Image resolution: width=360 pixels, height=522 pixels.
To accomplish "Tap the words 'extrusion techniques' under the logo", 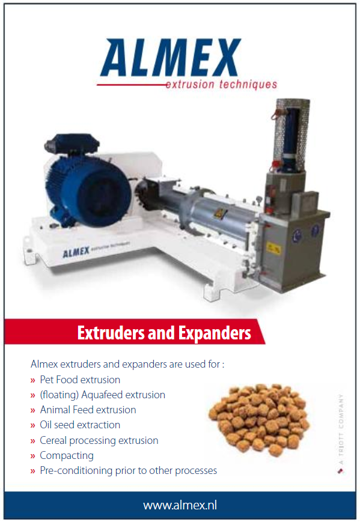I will pos(221,85).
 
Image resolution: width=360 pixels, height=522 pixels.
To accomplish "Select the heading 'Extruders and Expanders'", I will pos(163,332).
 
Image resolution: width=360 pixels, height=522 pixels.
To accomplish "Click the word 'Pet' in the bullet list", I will pos(47,380).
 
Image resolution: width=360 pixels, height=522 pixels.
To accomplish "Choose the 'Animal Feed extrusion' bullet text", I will pos(88,410).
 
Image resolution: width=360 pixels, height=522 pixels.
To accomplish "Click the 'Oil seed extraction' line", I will pos(80,425).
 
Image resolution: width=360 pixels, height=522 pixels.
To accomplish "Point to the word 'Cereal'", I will pos(53,440).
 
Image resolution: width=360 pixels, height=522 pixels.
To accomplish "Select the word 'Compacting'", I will pos(67,455).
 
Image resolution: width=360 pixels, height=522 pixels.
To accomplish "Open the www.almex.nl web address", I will pos(180,505).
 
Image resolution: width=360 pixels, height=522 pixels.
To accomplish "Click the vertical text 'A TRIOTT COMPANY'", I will pos(340,427).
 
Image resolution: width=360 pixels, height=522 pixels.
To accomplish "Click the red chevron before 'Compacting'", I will pos(33,456).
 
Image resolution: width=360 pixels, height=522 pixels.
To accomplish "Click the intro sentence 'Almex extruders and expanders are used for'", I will pos(127,364).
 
